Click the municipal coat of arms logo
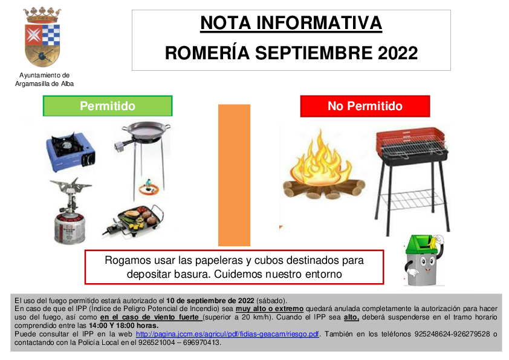click(42, 37)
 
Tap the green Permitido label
click(108, 106)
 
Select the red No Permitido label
click(365, 106)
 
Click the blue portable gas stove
click(71, 151)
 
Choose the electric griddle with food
click(134, 220)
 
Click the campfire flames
click(321, 159)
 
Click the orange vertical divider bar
click(234, 175)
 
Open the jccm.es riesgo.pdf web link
click(227, 334)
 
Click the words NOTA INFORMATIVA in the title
click(291, 23)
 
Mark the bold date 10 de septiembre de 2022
click(210, 301)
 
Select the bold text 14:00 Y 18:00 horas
click(124, 326)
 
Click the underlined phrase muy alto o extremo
click(270, 309)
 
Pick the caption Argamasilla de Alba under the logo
click(45, 84)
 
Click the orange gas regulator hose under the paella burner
click(149, 187)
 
